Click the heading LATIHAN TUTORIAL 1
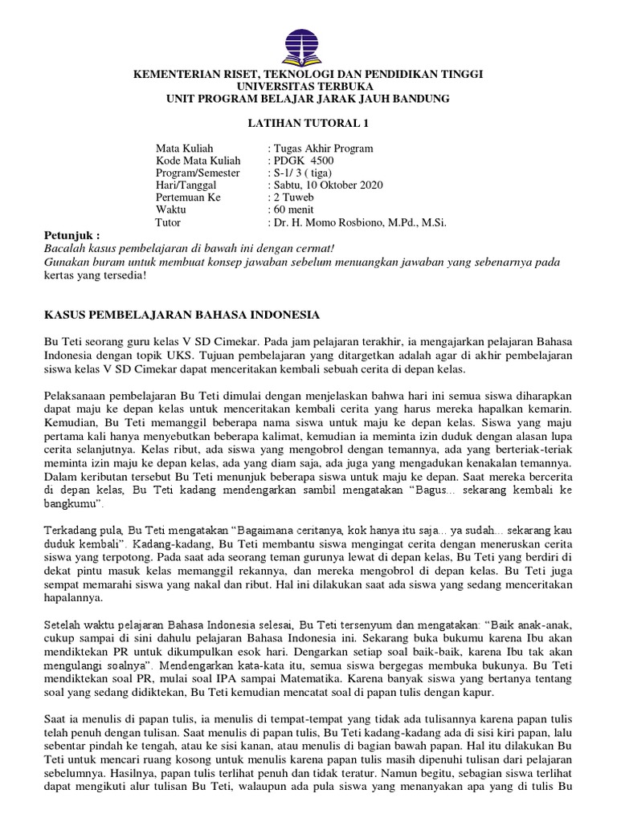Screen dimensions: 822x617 (308, 124)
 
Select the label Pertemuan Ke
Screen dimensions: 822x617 (190, 197)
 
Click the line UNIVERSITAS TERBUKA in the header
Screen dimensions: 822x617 (308, 86)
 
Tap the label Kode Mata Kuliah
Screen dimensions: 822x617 (198, 161)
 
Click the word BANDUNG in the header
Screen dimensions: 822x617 (416, 98)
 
